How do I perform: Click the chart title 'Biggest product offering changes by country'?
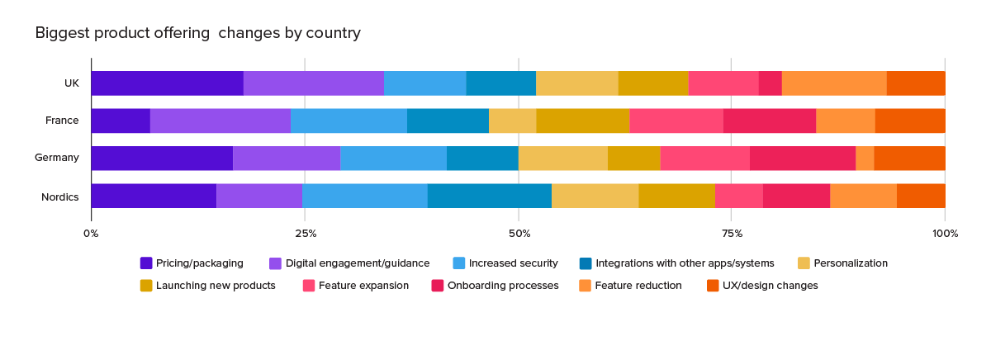197,33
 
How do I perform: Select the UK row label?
72,83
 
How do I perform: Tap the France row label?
62,121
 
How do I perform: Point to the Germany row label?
57,158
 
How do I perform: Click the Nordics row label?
59,197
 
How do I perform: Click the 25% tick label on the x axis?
306,234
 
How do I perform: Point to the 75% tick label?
733,234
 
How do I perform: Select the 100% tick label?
945,234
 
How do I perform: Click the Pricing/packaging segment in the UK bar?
167,83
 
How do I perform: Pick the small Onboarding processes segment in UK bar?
771,83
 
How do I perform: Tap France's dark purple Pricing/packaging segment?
121,121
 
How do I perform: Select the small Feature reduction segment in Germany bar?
865,159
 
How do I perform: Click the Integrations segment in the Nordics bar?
490,196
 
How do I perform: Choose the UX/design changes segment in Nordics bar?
921,196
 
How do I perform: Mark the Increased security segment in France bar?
349,121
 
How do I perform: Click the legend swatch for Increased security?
459,263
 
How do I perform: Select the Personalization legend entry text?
851,263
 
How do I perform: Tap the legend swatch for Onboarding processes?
438,286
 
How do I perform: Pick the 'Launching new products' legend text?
216,286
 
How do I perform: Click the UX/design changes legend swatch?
713,286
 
